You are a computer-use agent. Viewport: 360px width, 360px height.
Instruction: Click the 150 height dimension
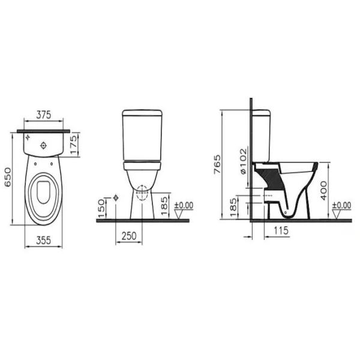click(x=101, y=208)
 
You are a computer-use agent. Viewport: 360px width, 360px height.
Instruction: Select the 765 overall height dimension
click(x=217, y=164)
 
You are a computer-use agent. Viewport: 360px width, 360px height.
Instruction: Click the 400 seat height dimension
click(x=324, y=190)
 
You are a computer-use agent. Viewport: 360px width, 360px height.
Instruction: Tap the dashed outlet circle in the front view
click(x=142, y=194)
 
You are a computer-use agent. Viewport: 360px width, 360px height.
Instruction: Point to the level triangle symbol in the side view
click(x=340, y=214)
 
